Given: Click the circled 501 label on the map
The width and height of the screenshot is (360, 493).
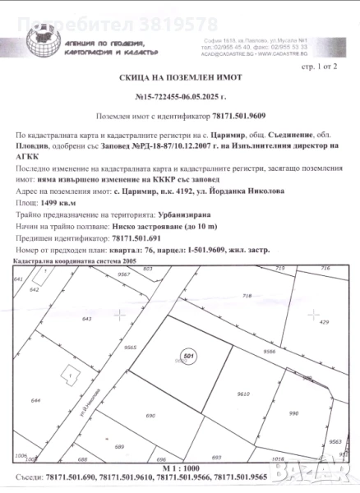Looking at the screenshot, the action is click(188, 357).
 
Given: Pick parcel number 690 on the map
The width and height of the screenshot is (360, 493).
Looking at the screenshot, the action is click(150, 417).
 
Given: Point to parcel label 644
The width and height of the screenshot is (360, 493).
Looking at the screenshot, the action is click(35, 400).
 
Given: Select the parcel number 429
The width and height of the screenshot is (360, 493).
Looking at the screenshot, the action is click(323, 323).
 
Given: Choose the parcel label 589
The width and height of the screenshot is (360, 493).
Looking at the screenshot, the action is click(119, 446).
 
